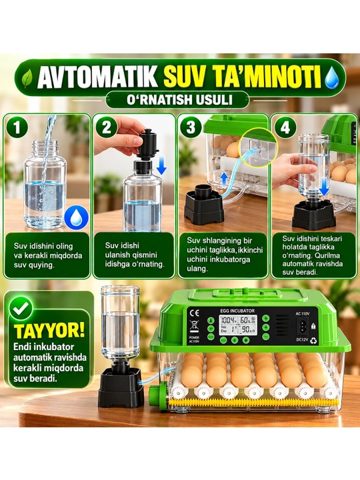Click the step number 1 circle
17,127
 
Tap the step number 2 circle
106,127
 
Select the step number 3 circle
191,127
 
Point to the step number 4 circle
285,127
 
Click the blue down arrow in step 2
161,165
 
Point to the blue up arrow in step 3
225,179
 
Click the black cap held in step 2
148,143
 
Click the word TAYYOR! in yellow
49,330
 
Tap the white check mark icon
21,307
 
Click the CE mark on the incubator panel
195,313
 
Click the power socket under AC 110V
303,327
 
